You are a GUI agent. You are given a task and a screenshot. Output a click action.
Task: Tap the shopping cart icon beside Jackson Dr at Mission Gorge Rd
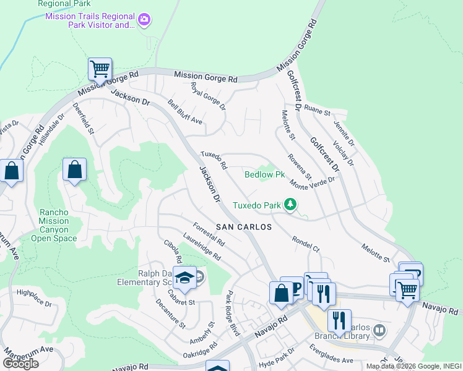100,69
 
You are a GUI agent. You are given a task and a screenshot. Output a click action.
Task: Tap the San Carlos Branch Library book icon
379,331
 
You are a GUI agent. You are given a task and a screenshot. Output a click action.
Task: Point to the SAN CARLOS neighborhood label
244,227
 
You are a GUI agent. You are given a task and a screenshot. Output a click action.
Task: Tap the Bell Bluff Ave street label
185,112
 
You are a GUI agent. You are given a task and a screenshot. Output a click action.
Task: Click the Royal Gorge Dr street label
208,96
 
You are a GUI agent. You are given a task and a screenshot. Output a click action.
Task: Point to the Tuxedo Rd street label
214,160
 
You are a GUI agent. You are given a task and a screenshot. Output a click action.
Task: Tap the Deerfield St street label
82,122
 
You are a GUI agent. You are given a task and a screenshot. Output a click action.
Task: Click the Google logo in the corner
20,364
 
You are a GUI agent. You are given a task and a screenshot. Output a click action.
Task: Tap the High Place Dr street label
35,298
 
